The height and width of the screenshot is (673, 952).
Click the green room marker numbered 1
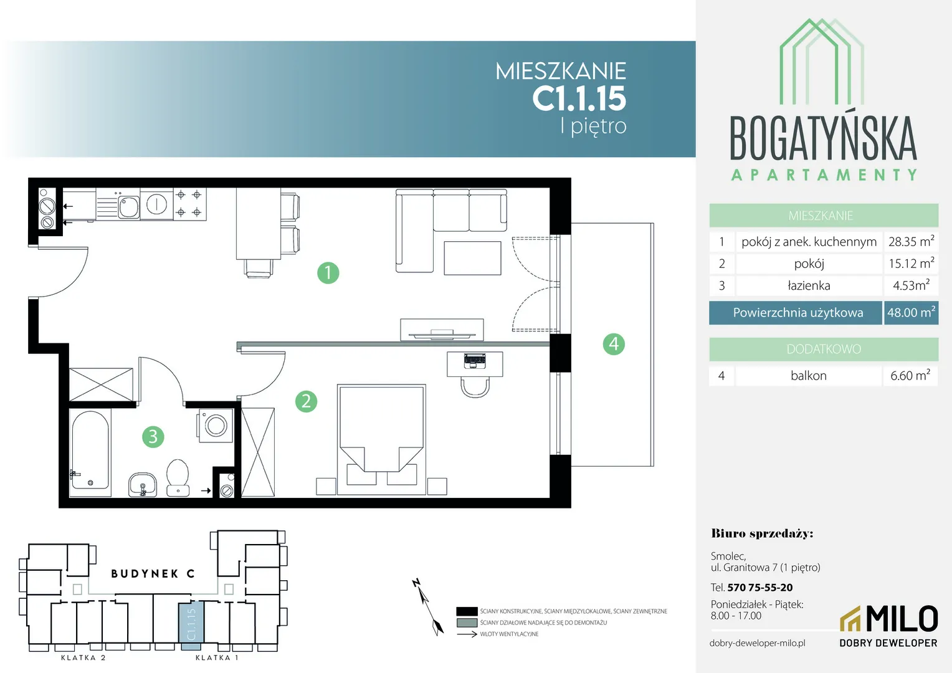coord(328,272)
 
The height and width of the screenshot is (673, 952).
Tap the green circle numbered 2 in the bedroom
coord(307,401)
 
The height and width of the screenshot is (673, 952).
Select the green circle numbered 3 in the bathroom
coord(153,437)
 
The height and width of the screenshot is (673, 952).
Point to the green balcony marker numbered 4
coord(614,344)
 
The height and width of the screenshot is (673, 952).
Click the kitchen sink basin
coord(128,207)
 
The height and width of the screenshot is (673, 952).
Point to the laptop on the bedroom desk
coord(475,361)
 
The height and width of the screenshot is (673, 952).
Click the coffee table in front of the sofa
coord(473,258)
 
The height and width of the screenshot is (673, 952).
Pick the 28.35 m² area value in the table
coord(912,241)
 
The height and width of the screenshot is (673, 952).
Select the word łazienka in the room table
coord(809,285)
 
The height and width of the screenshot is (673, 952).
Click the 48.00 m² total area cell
coord(912,312)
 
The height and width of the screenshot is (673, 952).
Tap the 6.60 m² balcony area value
coord(910,375)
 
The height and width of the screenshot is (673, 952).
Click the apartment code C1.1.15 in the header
coord(579,98)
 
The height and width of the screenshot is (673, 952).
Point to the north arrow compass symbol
coord(427,607)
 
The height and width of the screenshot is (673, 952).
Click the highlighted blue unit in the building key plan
coord(191,626)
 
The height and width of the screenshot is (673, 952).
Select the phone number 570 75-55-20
coord(760,588)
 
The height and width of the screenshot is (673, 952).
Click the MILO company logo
coord(888,626)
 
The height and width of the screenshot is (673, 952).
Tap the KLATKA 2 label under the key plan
coord(83,657)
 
